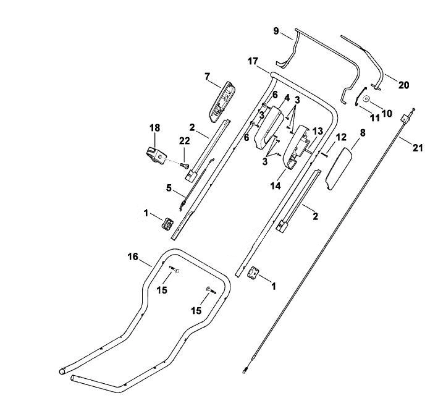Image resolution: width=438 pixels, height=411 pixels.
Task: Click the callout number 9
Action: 276,31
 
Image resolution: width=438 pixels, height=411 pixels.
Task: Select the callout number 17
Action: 253,61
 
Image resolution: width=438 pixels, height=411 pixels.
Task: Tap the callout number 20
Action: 403,85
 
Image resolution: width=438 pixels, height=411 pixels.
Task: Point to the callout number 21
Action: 418,147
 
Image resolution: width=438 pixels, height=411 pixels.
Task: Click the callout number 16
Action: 133,256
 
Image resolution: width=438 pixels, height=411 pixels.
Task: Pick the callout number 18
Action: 155,128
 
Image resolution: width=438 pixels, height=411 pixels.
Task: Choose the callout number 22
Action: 184,140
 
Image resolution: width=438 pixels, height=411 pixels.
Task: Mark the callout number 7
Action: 207,76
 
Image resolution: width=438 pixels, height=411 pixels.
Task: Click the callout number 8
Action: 362,132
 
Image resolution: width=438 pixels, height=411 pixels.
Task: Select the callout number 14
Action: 276,185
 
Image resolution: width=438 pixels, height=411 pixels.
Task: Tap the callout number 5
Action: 169,188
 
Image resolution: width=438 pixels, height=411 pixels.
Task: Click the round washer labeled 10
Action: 366,99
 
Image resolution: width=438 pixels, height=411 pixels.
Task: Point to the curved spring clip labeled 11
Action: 359,96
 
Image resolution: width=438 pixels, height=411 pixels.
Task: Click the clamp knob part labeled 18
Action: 156,156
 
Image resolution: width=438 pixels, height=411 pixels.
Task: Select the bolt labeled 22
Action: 184,166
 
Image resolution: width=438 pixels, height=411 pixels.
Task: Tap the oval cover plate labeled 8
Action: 339,169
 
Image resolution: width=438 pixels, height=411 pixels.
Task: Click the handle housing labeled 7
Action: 222,102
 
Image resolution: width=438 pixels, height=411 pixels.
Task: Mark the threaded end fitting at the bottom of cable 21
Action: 245,370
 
